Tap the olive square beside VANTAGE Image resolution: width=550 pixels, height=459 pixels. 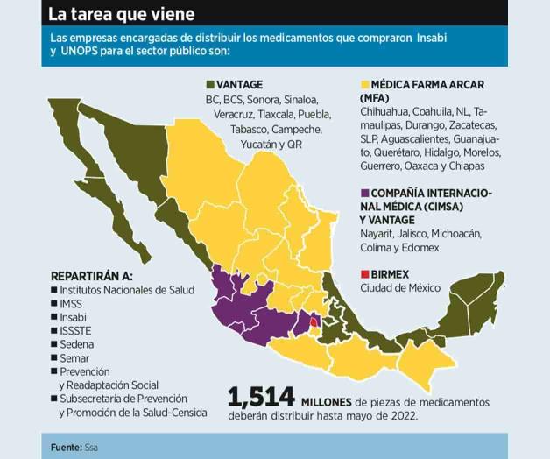click(209, 84)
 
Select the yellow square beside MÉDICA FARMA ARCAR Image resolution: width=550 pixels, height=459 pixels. click(363, 84)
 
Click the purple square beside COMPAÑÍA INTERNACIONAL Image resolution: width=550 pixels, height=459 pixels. click(363, 193)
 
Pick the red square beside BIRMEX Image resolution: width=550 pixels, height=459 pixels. click(363, 274)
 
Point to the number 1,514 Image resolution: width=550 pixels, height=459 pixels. click(260, 397)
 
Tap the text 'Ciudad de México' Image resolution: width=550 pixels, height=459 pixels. click(399, 288)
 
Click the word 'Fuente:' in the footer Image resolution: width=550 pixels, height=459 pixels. click(66, 448)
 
